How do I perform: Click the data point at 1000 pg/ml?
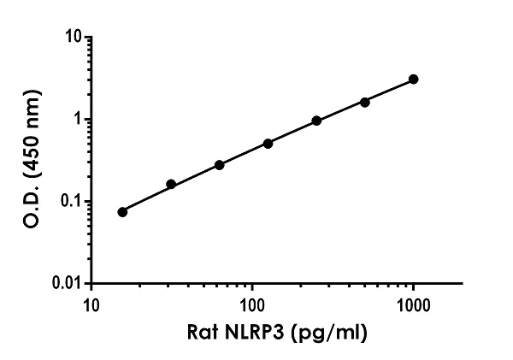coord(414,80)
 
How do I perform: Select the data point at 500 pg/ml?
coord(365,102)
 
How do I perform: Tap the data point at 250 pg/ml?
coord(316,121)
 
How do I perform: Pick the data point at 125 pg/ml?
coord(268,144)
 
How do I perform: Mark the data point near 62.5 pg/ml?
coord(220,164)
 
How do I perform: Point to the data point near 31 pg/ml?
coord(171,184)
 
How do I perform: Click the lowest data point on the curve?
coord(122,211)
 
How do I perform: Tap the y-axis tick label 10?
coord(74,38)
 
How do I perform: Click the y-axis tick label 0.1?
coord(72,202)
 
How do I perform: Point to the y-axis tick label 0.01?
coord(68,283)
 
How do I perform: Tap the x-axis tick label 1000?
coord(414,304)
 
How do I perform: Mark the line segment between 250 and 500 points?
coord(341,111)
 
